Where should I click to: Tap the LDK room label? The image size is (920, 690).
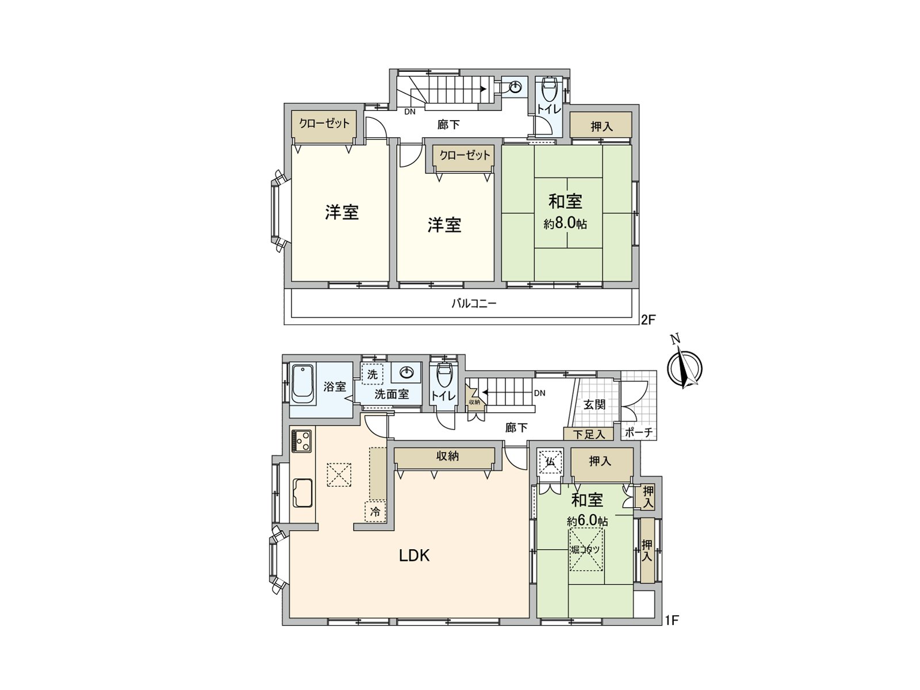pos(415,555)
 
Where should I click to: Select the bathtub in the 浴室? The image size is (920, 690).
pos(302,384)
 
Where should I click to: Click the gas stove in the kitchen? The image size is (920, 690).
pos(301,441)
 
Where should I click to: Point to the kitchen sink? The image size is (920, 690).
pos(302,493)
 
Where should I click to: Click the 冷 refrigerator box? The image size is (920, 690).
pos(375,511)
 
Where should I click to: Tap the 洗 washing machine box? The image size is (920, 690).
pos(373,374)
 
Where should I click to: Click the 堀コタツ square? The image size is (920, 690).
pos(586,550)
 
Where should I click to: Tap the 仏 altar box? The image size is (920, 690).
pos(550,461)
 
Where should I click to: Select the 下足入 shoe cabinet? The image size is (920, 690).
pos(588,434)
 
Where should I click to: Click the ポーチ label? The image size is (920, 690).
pos(638,433)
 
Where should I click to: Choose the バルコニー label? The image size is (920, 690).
pos(473,303)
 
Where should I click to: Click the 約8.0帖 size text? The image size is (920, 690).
pos(565,223)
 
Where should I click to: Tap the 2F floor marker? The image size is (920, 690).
pos(648,320)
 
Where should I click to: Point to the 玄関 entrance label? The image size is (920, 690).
pos(595,404)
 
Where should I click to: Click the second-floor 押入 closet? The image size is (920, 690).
pos(601,125)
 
